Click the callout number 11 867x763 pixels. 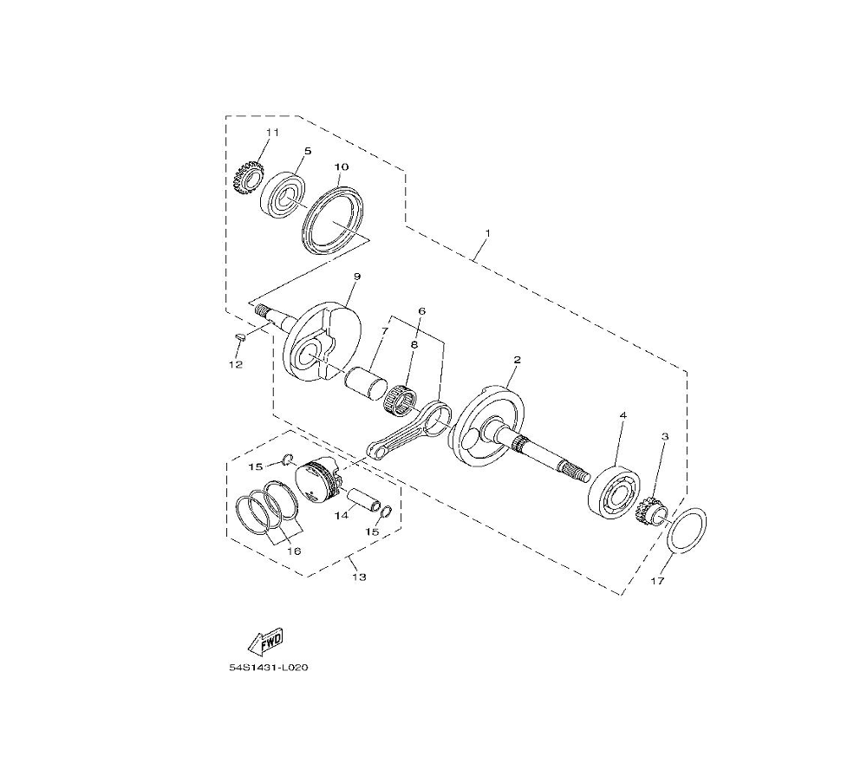[272, 133]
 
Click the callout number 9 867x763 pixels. [356, 276]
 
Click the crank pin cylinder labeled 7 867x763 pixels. [366, 384]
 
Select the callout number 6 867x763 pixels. [421, 311]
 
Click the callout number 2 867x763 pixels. [517, 360]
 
